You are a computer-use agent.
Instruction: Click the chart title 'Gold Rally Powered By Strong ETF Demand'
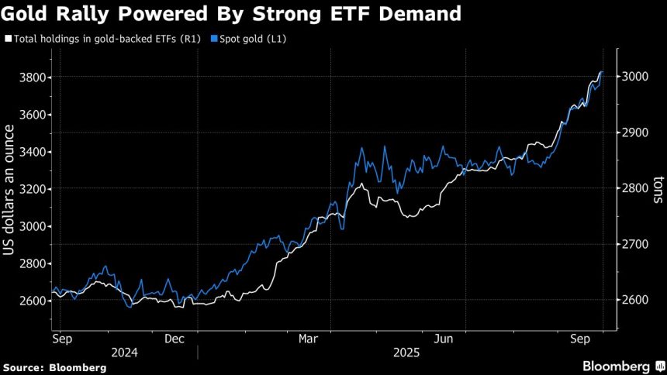(x=232, y=14)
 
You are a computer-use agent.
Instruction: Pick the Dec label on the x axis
(x=174, y=339)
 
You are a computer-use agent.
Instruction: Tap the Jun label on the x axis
(x=443, y=339)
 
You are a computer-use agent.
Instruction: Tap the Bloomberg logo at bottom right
(x=617, y=366)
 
